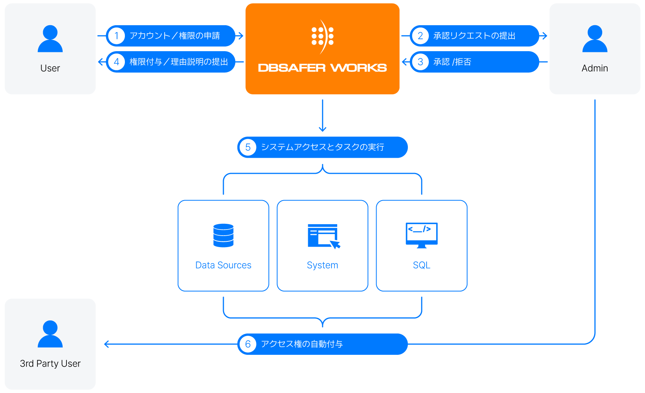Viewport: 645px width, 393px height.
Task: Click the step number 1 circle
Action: click(x=116, y=36)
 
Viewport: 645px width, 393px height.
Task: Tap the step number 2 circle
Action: click(x=420, y=36)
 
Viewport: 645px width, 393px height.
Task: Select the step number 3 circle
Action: click(x=420, y=62)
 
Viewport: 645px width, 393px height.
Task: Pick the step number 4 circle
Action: click(x=116, y=62)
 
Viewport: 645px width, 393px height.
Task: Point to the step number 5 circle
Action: click(x=248, y=147)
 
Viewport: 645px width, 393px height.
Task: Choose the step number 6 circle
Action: click(x=248, y=344)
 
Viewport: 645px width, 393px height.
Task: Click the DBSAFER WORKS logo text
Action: click(x=322, y=68)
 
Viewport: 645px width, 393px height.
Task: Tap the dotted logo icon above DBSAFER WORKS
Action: click(x=322, y=37)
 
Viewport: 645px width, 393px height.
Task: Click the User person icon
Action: click(x=50, y=39)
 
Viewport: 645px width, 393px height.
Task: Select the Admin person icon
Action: click(x=595, y=39)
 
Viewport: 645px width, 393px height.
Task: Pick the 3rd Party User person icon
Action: click(x=50, y=334)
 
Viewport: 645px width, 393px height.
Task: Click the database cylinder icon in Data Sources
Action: click(x=223, y=235)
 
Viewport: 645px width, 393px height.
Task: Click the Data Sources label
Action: click(x=223, y=265)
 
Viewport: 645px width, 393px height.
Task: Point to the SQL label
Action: click(x=422, y=265)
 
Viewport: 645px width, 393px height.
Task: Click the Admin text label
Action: click(x=595, y=68)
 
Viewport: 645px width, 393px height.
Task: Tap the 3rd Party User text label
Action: click(x=50, y=364)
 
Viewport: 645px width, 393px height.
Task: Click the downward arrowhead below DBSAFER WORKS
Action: click(x=323, y=129)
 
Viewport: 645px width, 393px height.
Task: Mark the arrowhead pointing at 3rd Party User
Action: click(x=107, y=344)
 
